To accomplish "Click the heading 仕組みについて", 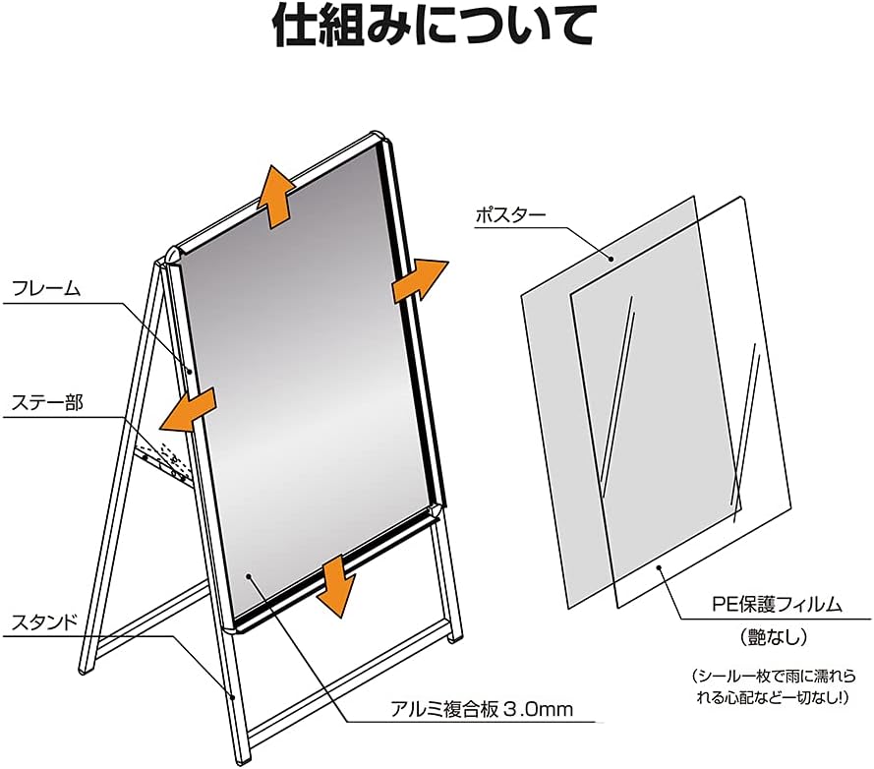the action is tap(434, 26).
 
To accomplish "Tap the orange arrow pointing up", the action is tap(275, 197).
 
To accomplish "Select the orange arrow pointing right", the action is tap(420, 280).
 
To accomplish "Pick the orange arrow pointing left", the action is tap(188, 411).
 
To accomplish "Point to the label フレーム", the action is tap(46, 288).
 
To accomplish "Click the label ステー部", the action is tap(47, 402).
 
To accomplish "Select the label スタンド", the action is tap(44, 621).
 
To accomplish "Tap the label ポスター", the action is tap(510, 214).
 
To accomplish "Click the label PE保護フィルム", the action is tap(777, 604).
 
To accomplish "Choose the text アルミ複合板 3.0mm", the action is tap(482, 709).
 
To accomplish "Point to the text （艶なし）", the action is tap(774, 637).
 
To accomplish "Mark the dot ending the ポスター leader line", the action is tap(611, 259).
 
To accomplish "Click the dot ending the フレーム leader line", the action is tap(190, 372).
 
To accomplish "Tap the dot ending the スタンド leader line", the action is tap(233, 696).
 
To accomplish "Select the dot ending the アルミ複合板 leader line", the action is tap(248, 575).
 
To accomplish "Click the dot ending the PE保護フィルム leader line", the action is tap(660, 567).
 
